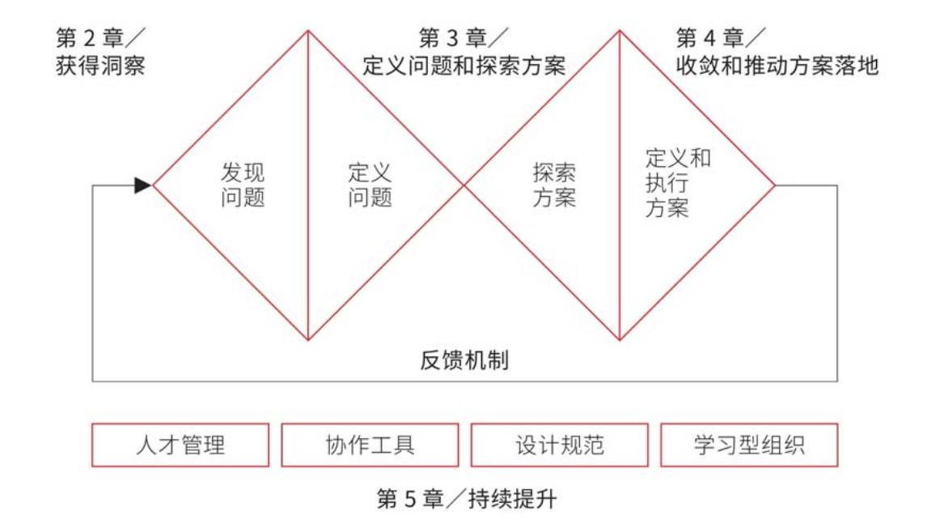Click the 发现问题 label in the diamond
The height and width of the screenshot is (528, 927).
(x=243, y=185)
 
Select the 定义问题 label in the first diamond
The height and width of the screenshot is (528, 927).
(x=370, y=185)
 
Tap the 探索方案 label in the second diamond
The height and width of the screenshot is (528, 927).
(x=554, y=185)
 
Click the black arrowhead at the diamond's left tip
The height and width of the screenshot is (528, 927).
(x=143, y=185)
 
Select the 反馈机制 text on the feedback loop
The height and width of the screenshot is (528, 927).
(x=464, y=360)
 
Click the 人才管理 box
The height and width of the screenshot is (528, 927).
(x=180, y=445)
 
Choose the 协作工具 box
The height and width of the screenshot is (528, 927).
(x=370, y=445)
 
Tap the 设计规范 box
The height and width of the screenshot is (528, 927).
(x=559, y=445)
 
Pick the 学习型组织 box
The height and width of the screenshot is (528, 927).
(x=749, y=445)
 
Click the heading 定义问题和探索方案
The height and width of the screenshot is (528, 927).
(x=463, y=66)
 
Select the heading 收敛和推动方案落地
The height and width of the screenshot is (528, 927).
(x=777, y=66)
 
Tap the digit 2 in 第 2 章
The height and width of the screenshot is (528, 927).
(x=90, y=37)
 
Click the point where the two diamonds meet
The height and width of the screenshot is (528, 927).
(x=463, y=185)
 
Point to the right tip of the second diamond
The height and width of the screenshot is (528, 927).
(x=775, y=185)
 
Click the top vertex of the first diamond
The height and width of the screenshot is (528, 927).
(x=308, y=31)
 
